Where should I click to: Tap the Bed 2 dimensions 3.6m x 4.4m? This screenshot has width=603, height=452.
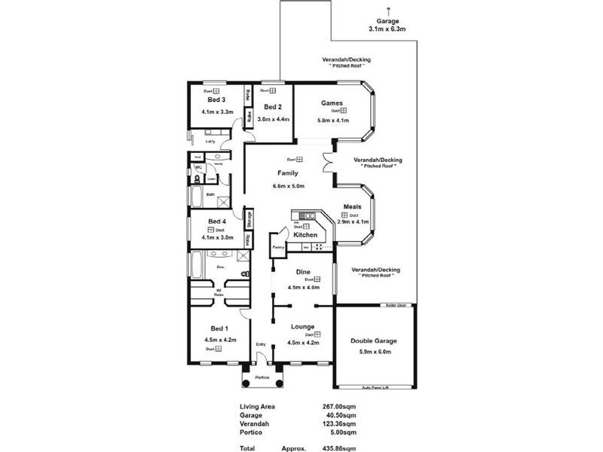pyautogui.click(x=272, y=119)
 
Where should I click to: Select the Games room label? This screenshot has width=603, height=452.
pyautogui.click(x=332, y=103)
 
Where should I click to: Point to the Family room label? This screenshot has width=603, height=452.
pyautogui.click(x=288, y=173)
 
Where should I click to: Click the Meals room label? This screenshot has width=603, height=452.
pyautogui.click(x=353, y=206)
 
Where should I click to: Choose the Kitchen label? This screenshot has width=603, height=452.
pyautogui.click(x=305, y=236)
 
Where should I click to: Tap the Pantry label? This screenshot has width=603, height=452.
pyautogui.click(x=277, y=246)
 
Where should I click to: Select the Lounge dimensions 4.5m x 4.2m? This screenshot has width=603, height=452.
pyautogui.click(x=304, y=343)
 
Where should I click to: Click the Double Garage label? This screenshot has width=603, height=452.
pyautogui.click(x=374, y=341)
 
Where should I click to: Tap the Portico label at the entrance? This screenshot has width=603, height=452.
pyautogui.click(x=262, y=377)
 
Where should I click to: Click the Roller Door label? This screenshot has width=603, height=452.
pyautogui.click(x=395, y=305)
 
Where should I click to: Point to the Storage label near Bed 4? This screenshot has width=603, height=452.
pyautogui.click(x=249, y=218)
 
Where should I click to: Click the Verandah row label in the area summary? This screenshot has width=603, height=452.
pyautogui.click(x=253, y=424)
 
